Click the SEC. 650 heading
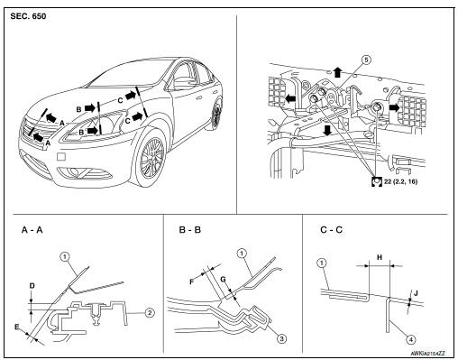click(28, 16)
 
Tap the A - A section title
click(32, 230)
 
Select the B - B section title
click(190, 230)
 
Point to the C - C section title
click(332, 230)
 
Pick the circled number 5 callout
click(366, 60)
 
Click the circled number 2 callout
click(150, 313)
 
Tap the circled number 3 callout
click(281, 339)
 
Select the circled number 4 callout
click(411, 340)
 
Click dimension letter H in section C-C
click(380, 257)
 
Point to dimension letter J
click(416, 292)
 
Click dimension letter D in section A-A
click(32, 286)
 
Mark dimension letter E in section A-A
click(17, 327)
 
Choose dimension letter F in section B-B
click(192, 282)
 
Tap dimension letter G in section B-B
click(223, 280)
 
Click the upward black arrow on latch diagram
click(338, 72)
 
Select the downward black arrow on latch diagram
click(327, 130)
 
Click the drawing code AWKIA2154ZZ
click(427, 354)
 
